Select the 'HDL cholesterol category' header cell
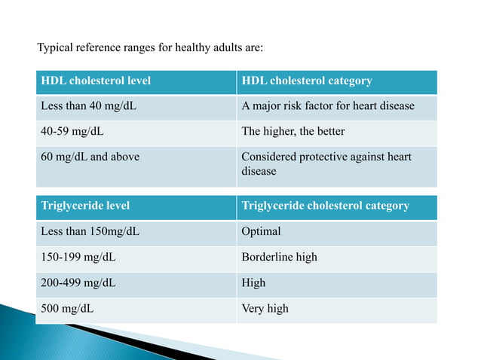306,81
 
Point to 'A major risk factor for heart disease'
327,105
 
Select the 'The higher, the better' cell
293,131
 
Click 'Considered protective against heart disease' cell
326,164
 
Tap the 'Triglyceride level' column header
85,206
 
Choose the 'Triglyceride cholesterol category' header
325,206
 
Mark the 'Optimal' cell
261,231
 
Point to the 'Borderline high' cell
279,257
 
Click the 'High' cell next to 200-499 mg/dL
253,282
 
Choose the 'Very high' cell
265,308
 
